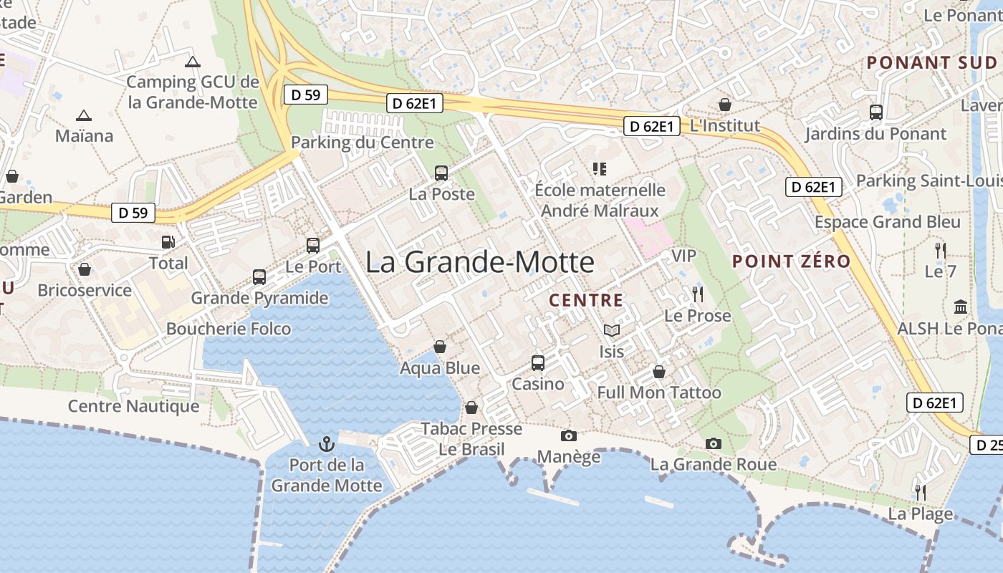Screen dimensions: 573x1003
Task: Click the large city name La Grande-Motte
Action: point(480,262)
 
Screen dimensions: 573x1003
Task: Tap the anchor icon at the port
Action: point(327,444)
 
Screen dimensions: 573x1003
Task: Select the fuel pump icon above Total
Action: point(168,243)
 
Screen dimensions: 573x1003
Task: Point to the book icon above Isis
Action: point(611,330)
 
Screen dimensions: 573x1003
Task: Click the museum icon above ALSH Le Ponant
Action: point(961,307)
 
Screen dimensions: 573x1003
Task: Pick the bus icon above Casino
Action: point(538,363)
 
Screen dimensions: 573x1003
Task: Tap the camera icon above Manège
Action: point(569,435)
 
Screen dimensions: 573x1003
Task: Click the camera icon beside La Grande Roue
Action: point(713,443)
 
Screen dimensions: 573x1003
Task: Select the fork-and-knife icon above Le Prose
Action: point(697,294)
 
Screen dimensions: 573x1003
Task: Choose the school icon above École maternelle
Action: point(600,169)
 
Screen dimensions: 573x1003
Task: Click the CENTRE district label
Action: point(586,300)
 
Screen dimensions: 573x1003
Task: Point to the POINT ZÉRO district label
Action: point(791,261)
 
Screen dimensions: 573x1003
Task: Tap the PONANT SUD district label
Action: point(931,62)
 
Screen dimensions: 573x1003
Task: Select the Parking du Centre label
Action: point(363,143)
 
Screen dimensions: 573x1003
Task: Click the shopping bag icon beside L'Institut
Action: point(725,105)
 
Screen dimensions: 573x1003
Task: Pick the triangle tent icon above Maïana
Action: point(84,115)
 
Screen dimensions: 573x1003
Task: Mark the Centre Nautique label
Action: point(134,406)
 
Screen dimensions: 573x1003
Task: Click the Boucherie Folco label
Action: point(229,329)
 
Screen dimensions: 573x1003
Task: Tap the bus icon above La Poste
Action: point(441,173)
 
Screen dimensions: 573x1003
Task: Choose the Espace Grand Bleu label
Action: point(888,222)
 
